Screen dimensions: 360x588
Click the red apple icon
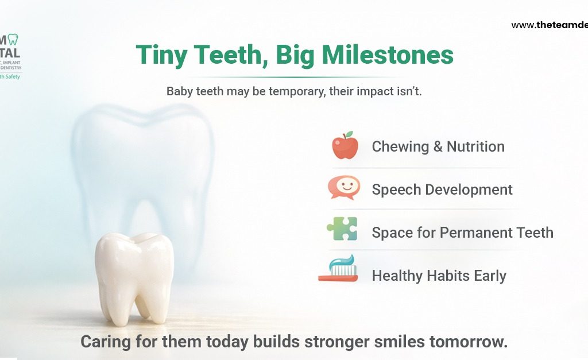click(345, 146)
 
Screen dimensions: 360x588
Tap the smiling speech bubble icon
click(344, 188)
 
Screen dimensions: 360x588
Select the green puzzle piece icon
click(342, 229)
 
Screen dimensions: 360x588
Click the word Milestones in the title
click(388, 55)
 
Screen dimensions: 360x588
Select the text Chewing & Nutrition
click(438, 146)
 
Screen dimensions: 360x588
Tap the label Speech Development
click(442, 189)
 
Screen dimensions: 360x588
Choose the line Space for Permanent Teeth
click(462, 233)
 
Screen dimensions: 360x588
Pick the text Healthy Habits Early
click(439, 276)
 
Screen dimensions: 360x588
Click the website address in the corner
click(549, 25)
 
